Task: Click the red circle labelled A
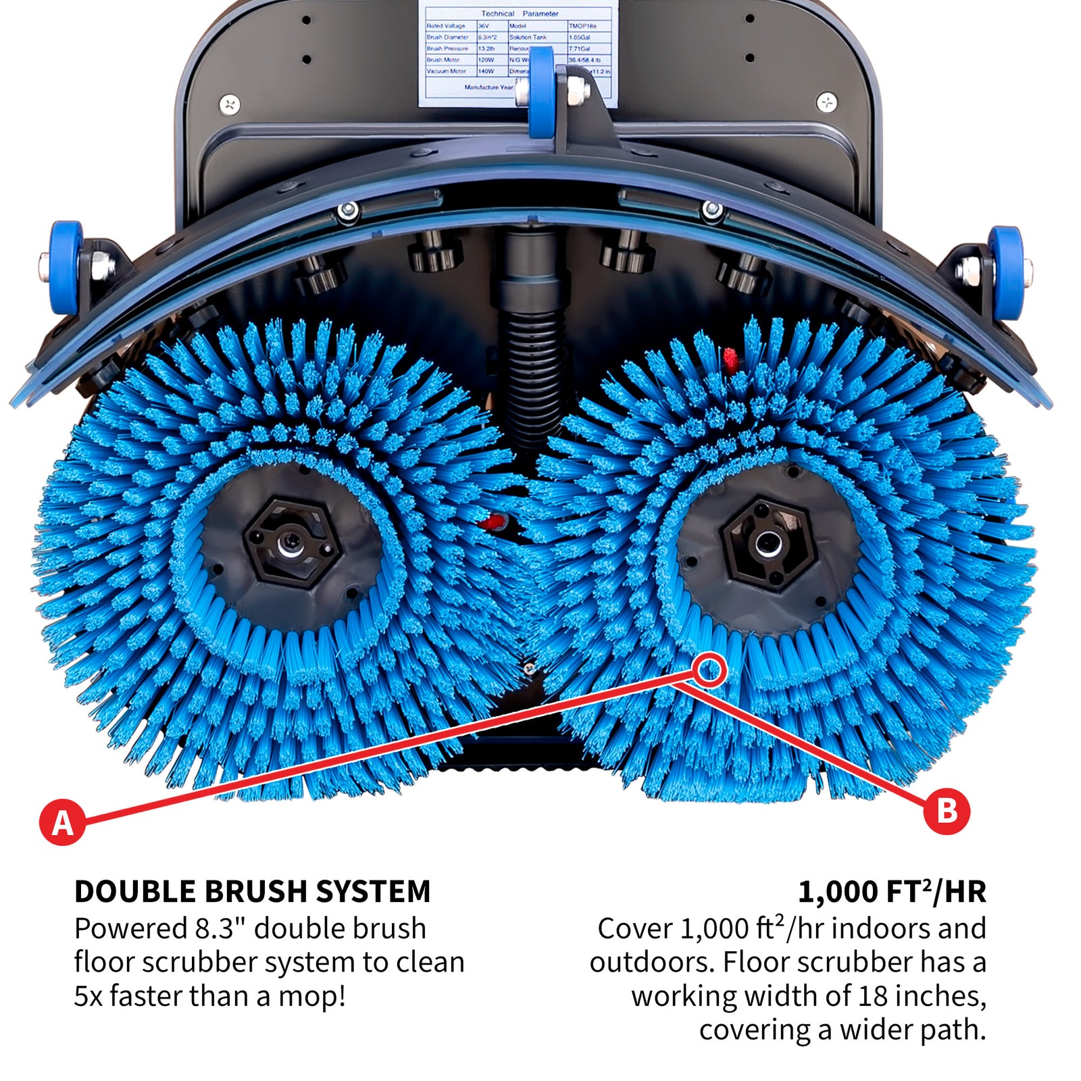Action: [x=62, y=822]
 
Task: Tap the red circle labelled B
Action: [x=947, y=810]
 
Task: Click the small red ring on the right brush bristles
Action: [x=709, y=671]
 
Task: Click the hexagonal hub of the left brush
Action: [x=291, y=540]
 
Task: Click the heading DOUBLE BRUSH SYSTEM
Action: [x=252, y=892]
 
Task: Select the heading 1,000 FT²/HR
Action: [x=892, y=892]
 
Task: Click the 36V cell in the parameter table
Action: [x=484, y=26]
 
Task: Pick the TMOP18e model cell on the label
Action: [x=582, y=26]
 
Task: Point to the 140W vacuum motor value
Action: [x=486, y=71]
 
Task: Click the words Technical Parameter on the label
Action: [x=519, y=14]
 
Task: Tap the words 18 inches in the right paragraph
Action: [x=922, y=997]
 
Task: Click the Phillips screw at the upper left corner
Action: [x=230, y=104]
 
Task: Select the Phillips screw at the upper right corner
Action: [x=827, y=102]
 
